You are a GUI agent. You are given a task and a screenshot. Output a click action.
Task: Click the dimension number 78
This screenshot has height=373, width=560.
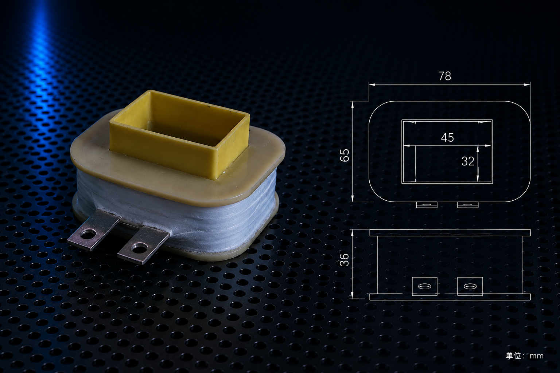pyautogui.click(x=445, y=76)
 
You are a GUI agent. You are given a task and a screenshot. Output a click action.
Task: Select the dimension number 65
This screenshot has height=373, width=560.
pyautogui.click(x=345, y=155)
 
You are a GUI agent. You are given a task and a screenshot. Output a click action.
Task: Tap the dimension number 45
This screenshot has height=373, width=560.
pyautogui.click(x=447, y=138)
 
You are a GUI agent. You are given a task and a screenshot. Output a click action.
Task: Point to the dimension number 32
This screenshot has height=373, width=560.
pyautogui.click(x=468, y=161)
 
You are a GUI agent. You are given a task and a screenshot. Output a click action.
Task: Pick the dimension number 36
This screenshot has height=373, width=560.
pyautogui.click(x=345, y=260)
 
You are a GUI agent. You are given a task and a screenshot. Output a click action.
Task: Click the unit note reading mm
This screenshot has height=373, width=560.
pyautogui.click(x=537, y=356)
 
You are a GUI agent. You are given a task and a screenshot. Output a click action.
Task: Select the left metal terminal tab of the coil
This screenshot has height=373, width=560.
pyautogui.click(x=93, y=229)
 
